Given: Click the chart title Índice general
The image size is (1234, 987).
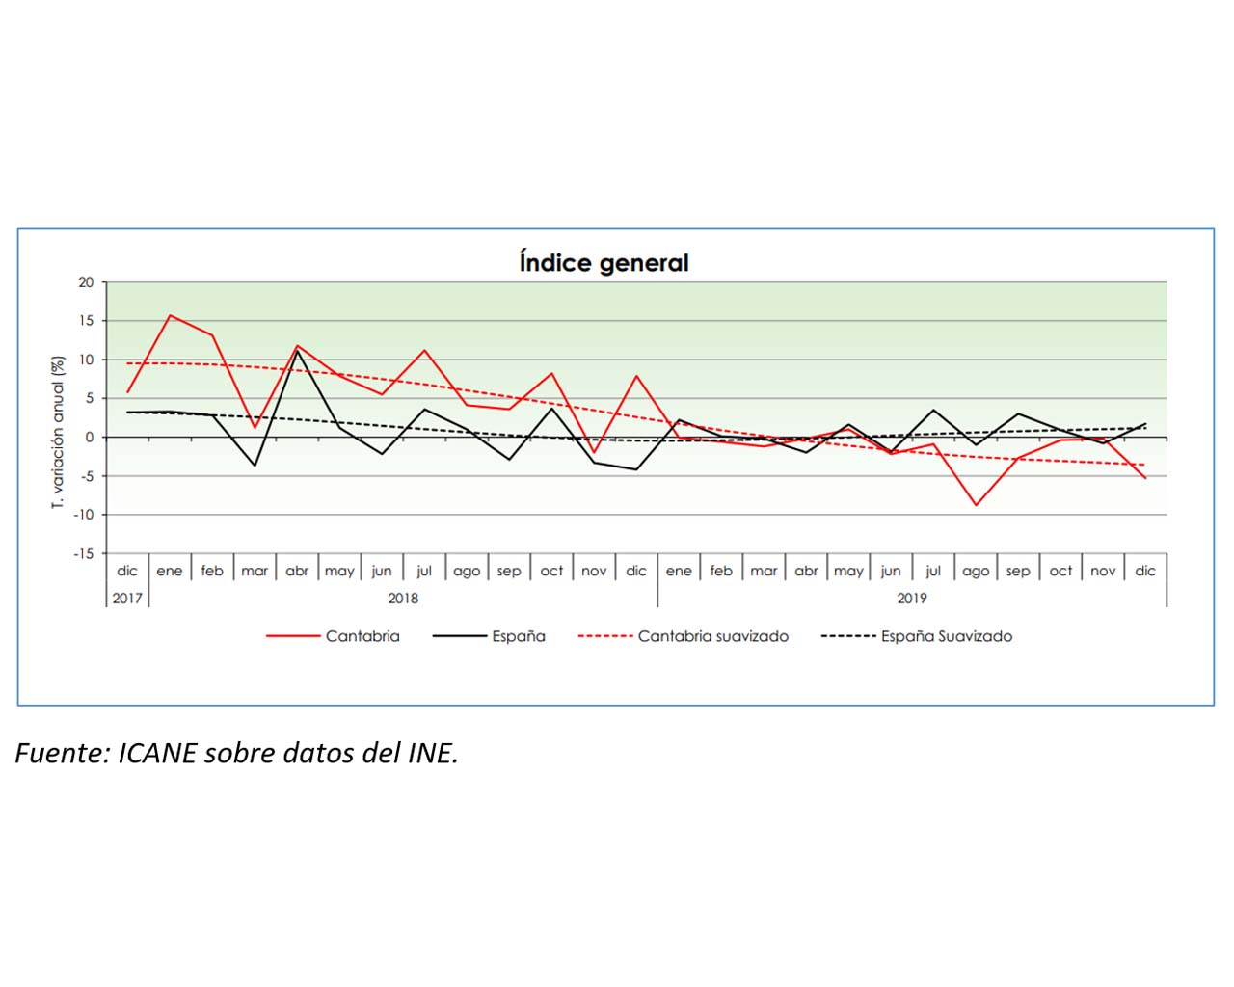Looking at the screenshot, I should point(604,263).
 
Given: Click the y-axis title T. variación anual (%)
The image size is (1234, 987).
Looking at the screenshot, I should point(58,432).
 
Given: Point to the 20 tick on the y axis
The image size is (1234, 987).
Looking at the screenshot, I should point(87,282).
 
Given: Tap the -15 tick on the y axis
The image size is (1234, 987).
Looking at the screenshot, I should point(85,553).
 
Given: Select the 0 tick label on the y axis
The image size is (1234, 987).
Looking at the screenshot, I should point(90,438).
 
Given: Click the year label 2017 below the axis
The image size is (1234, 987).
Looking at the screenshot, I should point(127,599).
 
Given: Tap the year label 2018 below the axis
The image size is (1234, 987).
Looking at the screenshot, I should point(403,599).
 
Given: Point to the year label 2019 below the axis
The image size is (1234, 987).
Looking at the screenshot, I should point(912,599).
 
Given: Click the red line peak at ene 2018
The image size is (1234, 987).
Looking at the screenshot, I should point(170,315).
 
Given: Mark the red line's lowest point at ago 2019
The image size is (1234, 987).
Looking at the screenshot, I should point(976,505).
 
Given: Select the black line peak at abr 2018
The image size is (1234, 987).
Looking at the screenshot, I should point(297,351).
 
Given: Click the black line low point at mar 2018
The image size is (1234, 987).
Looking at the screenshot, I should point(255,466).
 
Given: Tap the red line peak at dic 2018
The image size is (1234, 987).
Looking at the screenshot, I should point(636,376).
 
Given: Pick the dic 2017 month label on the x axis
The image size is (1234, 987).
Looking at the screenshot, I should point(127,571).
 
